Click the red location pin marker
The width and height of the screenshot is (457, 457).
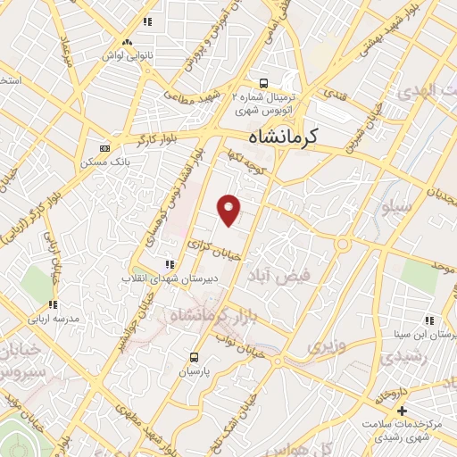230,210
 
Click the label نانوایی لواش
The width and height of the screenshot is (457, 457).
128,55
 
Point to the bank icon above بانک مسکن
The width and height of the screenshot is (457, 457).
105,148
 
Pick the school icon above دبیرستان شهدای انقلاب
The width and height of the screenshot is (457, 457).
168,264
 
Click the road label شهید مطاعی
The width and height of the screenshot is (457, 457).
199,97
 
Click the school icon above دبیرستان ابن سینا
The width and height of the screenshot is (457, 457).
429,320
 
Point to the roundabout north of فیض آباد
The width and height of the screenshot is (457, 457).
341,244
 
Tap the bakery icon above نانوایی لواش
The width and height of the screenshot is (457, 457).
128,41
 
